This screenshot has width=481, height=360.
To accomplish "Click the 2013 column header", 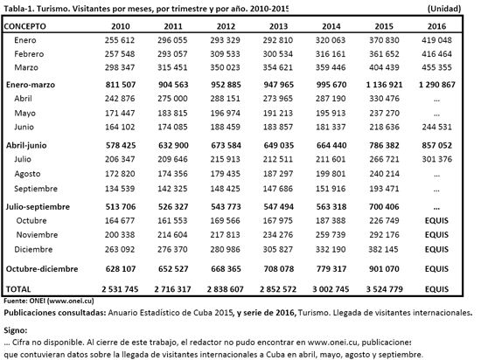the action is (x=278, y=26).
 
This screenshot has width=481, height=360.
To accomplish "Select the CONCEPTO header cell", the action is (x=24, y=26).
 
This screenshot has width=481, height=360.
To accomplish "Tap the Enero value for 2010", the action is (x=120, y=40).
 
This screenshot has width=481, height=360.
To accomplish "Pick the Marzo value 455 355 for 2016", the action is (x=436, y=67).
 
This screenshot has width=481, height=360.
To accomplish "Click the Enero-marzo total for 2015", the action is (x=384, y=85).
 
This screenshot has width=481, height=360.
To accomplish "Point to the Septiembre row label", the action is (x=36, y=189).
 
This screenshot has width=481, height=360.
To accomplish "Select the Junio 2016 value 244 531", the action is (x=436, y=127).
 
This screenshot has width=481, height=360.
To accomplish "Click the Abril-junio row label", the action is (x=26, y=145).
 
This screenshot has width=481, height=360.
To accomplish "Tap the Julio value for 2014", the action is (x=331, y=159).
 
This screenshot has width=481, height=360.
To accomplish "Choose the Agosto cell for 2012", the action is (x=225, y=174).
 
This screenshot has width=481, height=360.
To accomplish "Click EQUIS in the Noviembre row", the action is (x=436, y=235).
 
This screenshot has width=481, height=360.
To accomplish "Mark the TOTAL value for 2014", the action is (x=331, y=289).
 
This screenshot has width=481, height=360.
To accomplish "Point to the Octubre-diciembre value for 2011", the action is (x=173, y=269).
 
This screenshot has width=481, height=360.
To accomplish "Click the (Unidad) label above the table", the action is (x=444, y=9).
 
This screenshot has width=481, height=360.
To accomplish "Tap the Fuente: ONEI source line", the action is (x=49, y=301).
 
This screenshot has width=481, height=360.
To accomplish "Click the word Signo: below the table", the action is (x=16, y=330).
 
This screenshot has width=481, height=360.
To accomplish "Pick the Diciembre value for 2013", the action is (x=278, y=249).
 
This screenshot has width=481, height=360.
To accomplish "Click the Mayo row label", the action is (x=24, y=113).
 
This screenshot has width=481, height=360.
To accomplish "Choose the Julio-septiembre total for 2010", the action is (x=121, y=207).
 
